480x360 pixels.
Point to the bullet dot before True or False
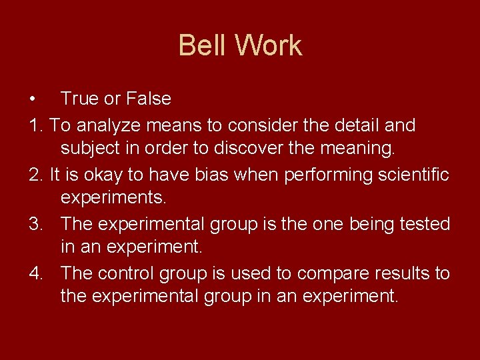[33, 99]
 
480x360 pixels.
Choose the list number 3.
[36, 224]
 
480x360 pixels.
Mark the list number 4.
[36, 273]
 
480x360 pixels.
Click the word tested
[423, 224]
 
